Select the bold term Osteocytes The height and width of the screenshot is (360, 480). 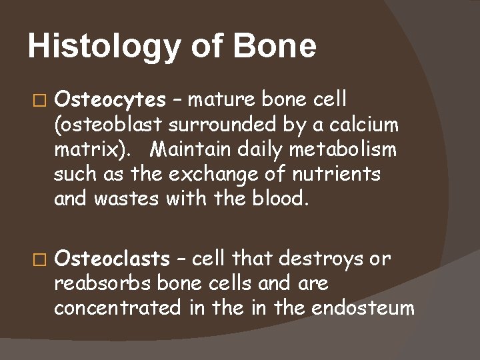click(110, 100)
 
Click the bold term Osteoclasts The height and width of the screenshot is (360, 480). click(112, 257)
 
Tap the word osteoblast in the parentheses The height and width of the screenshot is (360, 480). click(110, 125)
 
